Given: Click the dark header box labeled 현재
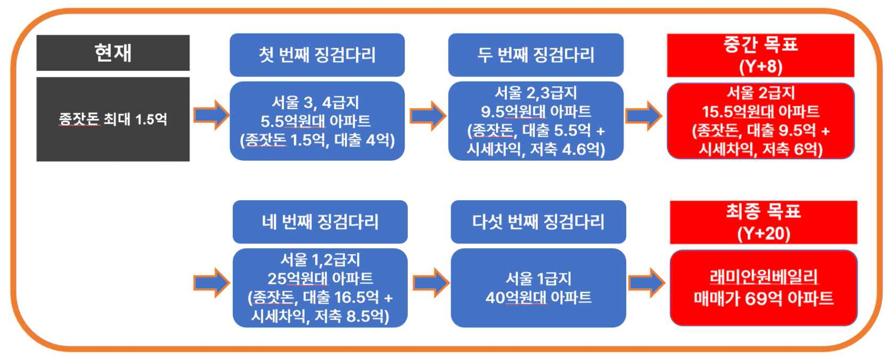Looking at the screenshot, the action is coord(113,53).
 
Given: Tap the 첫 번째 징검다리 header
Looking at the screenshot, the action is coord(317,55).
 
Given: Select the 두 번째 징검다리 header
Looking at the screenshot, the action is coord(536,55).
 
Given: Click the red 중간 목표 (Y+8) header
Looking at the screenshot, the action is coord(760,55).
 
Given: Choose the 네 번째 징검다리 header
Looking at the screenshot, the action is coord(320,222).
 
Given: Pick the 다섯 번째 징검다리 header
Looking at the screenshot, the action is coord(538,222).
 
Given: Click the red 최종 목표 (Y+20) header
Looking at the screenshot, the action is coord(763,222).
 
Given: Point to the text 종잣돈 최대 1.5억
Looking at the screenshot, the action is coord(113,119).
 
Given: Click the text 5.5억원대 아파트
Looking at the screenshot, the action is coord(315,121).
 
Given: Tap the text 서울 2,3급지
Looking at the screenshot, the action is coord(536,93).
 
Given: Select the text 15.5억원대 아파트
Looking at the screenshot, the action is coord(760,111).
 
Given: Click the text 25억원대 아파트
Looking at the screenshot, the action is coord(320,279).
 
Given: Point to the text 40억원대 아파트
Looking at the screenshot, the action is coord(538,298).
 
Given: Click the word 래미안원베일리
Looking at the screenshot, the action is coord(764,277).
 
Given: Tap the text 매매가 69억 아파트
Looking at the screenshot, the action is coord(764,298).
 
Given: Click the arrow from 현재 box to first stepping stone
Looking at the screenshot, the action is coord(211,115).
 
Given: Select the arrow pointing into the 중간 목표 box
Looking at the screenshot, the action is coord(644,116).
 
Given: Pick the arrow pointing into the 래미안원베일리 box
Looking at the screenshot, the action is coord(647,283).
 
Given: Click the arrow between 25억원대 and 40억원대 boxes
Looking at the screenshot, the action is coord(431,283).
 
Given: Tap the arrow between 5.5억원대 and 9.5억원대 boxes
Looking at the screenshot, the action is coord(428,116).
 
